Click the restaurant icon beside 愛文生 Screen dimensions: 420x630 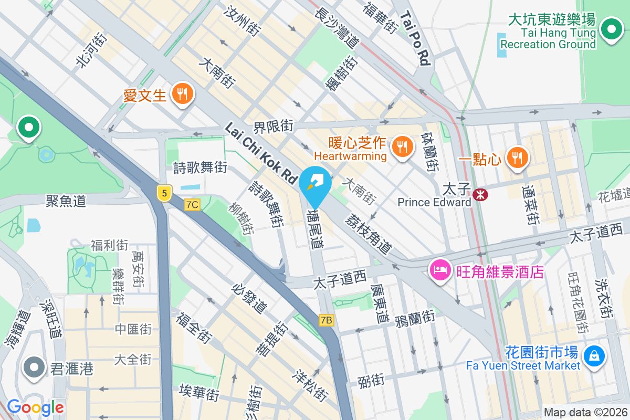pyautogui.click(x=182, y=94)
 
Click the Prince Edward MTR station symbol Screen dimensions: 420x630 pyautogui.click(x=480, y=195)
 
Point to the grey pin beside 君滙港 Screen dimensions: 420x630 pyautogui.click(x=35, y=368)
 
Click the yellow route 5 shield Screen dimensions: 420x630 pyautogui.click(x=164, y=193)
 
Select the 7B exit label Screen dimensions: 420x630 pyautogui.click(x=326, y=320)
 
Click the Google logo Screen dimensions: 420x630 pyautogui.click(x=35, y=407)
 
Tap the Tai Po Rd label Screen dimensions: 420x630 pyautogui.click(x=415, y=39)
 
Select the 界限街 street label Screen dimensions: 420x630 pyautogui.click(x=273, y=127)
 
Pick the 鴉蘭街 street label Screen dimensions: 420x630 pyautogui.click(x=415, y=317)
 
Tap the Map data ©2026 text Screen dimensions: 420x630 pyautogui.click(x=585, y=412)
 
